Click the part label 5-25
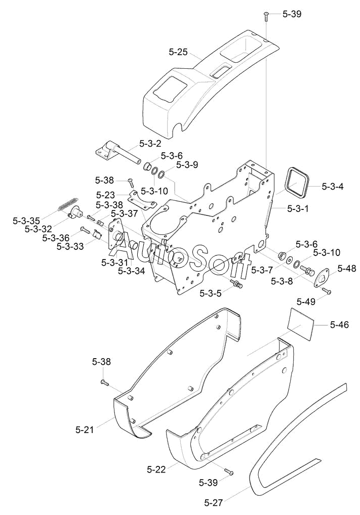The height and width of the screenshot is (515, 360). click(x=178, y=52)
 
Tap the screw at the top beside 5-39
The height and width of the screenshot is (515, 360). click(x=266, y=16)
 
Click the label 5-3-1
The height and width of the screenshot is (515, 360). click(x=298, y=208)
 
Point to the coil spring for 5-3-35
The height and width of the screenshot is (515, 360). click(x=67, y=204)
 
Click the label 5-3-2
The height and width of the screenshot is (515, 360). click(x=150, y=143)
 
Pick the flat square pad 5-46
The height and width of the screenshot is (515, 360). click(x=300, y=323)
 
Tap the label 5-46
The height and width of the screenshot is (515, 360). click(x=340, y=324)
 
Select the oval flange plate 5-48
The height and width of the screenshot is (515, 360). click(x=320, y=279)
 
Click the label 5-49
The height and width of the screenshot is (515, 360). click(x=306, y=301)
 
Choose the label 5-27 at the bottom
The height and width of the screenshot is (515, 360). click(x=213, y=502)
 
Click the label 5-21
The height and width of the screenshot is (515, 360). click(x=85, y=430)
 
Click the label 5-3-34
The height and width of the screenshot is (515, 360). click(x=131, y=271)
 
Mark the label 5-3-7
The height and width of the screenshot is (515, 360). click(x=262, y=270)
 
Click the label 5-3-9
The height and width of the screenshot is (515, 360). click(x=187, y=165)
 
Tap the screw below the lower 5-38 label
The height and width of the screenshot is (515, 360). click(x=104, y=381)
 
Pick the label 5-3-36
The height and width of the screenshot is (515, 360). click(x=56, y=238)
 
